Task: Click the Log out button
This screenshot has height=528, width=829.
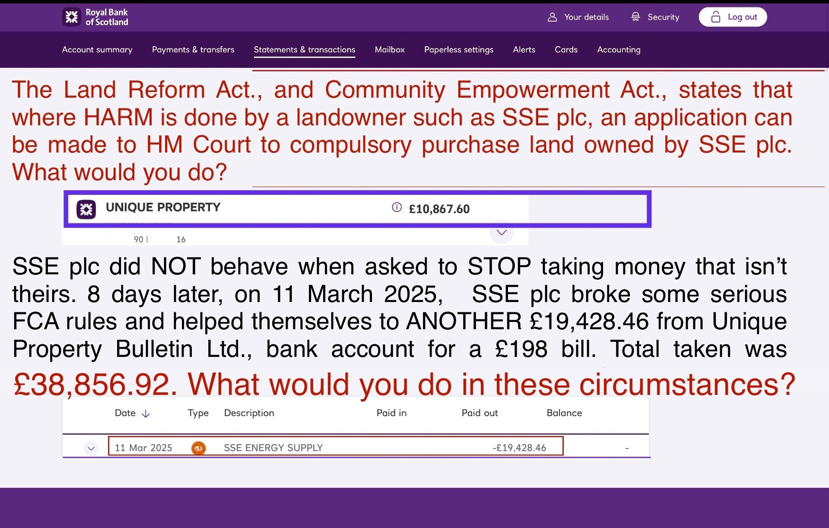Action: tap(733, 17)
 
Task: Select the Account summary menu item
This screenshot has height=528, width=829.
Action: tap(97, 50)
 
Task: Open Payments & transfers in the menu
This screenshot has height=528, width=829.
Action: tap(193, 50)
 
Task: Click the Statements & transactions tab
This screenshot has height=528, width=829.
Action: tap(305, 50)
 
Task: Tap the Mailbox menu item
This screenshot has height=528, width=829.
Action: tap(390, 50)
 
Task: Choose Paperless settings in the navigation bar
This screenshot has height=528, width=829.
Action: tap(459, 50)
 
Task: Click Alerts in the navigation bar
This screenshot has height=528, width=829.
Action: tap(524, 50)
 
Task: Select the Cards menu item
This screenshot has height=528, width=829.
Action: tap(566, 50)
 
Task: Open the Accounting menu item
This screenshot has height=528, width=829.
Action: tap(619, 50)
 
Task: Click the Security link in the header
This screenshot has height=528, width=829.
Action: tap(655, 17)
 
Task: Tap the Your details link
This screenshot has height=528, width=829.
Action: tap(578, 17)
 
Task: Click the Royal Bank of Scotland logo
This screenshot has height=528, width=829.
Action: tap(95, 17)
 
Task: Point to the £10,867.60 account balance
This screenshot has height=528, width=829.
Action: tap(439, 209)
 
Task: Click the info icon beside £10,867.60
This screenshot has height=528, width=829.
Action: tap(397, 207)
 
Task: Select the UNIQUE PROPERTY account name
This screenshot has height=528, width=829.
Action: tap(163, 207)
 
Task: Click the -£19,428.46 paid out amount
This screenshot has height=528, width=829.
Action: tap(519, 448)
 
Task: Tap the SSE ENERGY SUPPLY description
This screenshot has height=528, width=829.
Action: tap(273, 448)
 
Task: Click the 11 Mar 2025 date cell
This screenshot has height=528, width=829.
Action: tap(143, 448)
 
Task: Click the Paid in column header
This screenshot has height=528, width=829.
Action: tap(391, 413)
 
